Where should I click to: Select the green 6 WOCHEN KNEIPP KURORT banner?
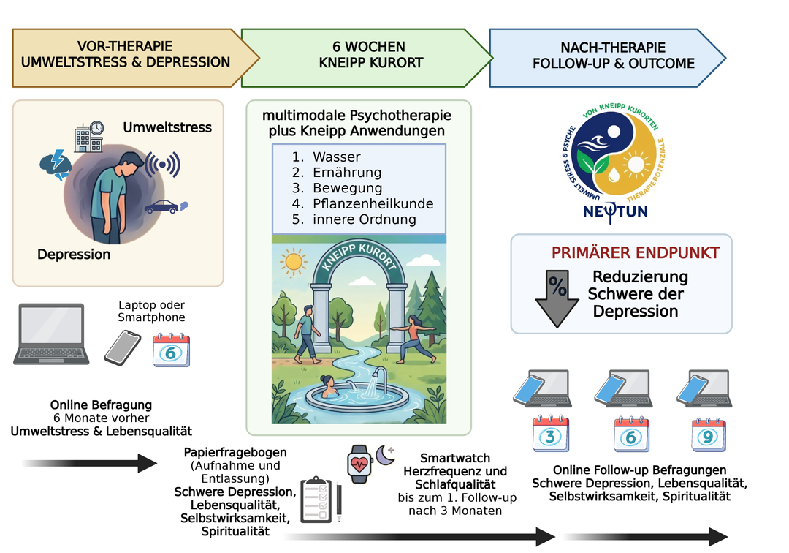pos(365,56)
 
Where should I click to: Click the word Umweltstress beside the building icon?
pos(167,127)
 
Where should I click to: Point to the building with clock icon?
pos(88,136)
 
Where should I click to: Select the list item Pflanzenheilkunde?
pos(373,203)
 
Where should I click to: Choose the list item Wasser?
pos(336,157)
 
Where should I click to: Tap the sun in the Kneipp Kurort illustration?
pos(294,261)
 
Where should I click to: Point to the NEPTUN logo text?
pos(615,213)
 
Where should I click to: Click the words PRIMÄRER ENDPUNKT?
pos(635,253)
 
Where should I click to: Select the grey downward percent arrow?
pos(557,297)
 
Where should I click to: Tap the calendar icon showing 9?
pos(708,434)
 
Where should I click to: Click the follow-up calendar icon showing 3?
pos(549,434)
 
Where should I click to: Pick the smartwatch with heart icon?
pos(358,463)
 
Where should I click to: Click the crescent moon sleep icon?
pos(386,455)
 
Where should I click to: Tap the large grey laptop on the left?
pos(51,334)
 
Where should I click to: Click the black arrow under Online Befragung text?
pos(89,463)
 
